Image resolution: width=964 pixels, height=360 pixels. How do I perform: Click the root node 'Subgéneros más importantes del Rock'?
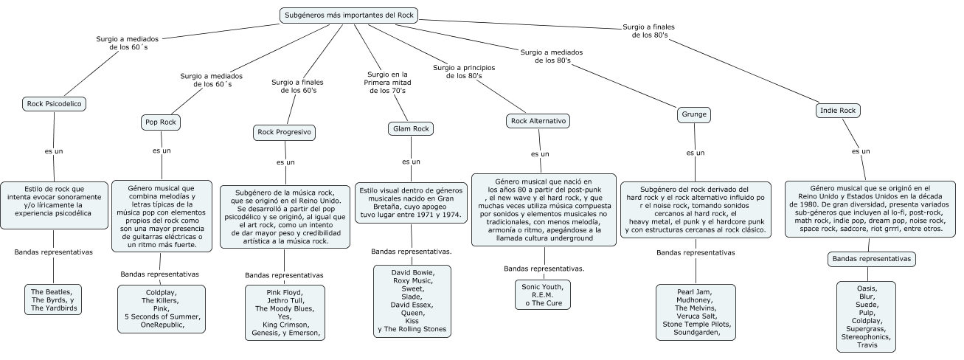tap(349, 15)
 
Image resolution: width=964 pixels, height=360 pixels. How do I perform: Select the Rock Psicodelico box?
tap(55, 104)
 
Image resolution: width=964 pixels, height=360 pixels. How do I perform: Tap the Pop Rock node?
tap(161, 122)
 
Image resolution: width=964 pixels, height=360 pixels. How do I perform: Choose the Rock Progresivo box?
tap(284, 133)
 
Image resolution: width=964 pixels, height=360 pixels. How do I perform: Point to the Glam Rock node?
tap(410, 129)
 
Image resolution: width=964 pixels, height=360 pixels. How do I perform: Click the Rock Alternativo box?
tap(539, 120)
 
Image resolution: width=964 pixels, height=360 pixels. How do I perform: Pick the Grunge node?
tap(694, 114)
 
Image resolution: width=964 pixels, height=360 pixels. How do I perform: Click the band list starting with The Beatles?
tap(53, 299)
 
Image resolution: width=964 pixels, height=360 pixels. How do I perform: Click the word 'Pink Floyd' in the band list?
tap(284, 291)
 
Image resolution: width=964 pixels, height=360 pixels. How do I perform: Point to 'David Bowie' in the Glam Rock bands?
tap(412, 273)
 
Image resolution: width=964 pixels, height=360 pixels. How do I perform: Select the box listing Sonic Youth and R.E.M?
tap(542, 294)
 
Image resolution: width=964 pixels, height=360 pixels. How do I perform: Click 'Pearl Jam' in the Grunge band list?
tap(696, 291)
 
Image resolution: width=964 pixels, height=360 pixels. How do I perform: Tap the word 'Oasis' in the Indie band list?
tap(866, 288)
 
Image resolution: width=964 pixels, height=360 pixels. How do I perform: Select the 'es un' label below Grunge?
tap(695, 153)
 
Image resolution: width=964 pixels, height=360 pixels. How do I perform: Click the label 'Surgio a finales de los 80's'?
tap(649, 31)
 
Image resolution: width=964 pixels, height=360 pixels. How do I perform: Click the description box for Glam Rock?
tap(410, 201)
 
